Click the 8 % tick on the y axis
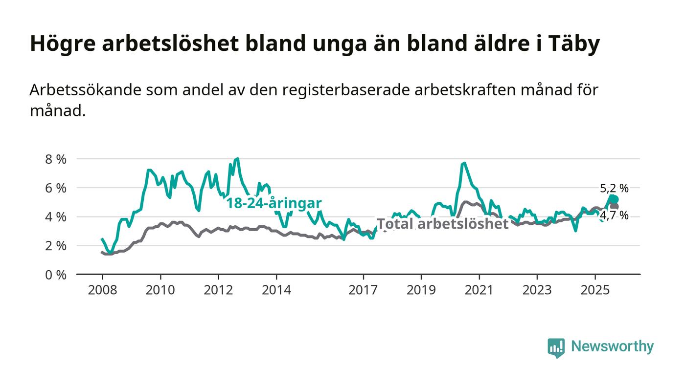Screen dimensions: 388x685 click(x=55, y=159)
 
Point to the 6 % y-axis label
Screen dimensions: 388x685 click(x=55, y=188)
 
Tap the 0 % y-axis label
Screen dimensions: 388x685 click(x=55, y=275)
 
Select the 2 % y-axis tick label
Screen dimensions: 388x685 click(x=55, y=246)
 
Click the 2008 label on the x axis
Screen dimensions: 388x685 click(x=102, y=290)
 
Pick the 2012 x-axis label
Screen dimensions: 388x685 click(x=218, y=290)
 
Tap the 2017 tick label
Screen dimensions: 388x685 click(x=363, y=290)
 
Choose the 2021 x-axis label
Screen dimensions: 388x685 click(x=479, y=290)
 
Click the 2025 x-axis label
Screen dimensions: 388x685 click(x=594, y=290)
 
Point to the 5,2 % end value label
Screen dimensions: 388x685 click(x=614, y=188)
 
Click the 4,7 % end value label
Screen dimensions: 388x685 click(x=614, y=216)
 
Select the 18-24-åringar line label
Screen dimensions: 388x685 click(x=274, y=203)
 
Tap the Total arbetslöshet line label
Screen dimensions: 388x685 click(x=443, y=224)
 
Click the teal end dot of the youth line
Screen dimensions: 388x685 click(x=615, y=199)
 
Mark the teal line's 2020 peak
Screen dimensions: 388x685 click(x=464, y=163)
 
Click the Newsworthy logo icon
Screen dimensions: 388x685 click(x=556, y=347)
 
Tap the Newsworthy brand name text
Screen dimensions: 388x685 click(x=612, y=346)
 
